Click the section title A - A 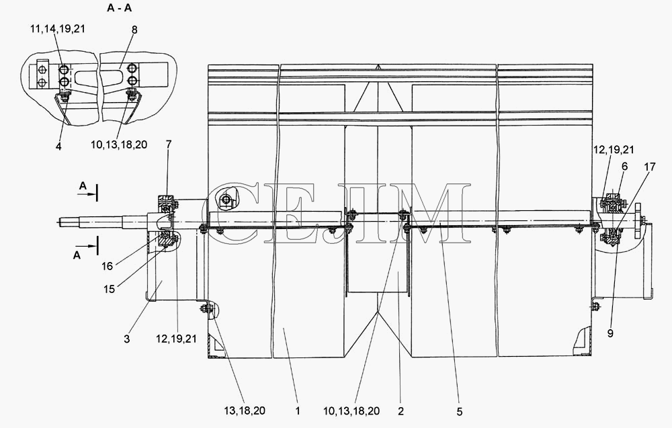pos(119,8)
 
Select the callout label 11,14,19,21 pos(58,29)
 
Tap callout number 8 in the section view pos(134,30)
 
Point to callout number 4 pos(58,146)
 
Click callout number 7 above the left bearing pos(169,144)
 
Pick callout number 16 pos(107,266)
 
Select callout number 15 pos(110,289)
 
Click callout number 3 pos(127,339)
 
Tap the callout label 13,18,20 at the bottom pos(245,411)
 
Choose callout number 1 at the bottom pos(298,411)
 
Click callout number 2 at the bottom pos(401,411)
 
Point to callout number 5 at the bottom pos(460,412)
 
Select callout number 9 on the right pos(610,333)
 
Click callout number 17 pos(650,167)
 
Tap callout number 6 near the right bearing pos(624,166)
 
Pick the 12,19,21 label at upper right pos(614,150)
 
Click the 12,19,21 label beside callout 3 pos(176,339)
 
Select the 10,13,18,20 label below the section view pos(119,145)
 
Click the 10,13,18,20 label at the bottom pos(351,411)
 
